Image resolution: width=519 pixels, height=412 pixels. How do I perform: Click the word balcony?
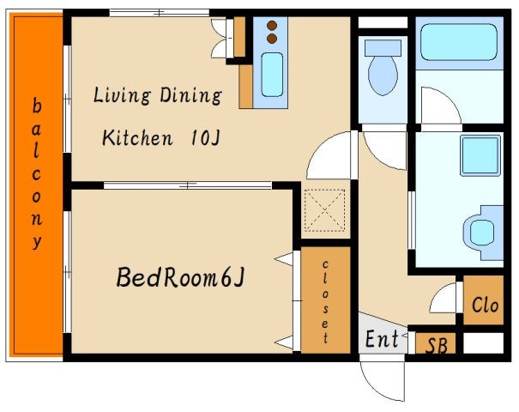36,173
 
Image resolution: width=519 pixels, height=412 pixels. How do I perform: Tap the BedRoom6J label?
180,277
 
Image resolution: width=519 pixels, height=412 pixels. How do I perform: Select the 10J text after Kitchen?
206,137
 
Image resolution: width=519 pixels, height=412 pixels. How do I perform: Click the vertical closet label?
325,301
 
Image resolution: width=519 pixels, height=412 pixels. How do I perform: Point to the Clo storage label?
485,305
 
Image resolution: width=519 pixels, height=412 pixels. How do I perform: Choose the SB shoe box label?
437,345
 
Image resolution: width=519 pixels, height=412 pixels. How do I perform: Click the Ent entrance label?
382,338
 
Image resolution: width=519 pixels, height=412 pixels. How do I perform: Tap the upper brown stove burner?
272,26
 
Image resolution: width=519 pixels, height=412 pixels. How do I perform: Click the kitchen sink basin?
272,75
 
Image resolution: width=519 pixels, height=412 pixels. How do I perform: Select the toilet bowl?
383,76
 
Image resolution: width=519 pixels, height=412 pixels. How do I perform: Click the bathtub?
459,42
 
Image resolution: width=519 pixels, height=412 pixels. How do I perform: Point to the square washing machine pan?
480,155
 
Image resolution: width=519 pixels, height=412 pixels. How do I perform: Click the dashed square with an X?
324,210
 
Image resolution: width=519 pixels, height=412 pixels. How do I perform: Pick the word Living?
122,95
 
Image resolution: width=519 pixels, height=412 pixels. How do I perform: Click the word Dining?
190,95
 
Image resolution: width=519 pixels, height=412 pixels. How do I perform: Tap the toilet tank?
383,48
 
